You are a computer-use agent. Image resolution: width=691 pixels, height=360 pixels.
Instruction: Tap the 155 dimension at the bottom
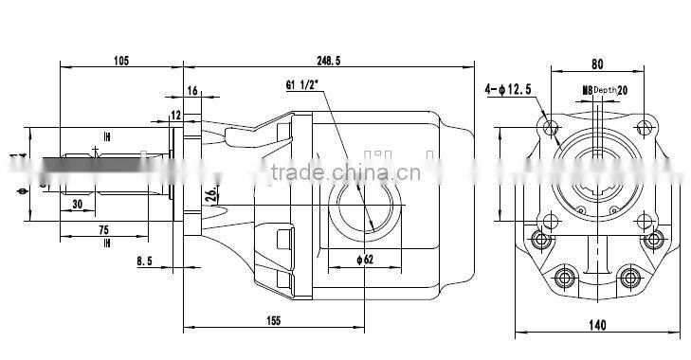tap(272, 321)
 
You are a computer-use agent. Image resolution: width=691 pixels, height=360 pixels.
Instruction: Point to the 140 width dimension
tap(597, 326)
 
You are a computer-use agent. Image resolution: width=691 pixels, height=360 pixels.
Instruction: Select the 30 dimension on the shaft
tap(77, 204)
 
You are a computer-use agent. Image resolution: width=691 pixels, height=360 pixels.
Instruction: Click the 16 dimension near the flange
tap(191, 91)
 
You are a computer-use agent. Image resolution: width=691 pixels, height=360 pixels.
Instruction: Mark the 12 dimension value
tap(175, 115)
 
